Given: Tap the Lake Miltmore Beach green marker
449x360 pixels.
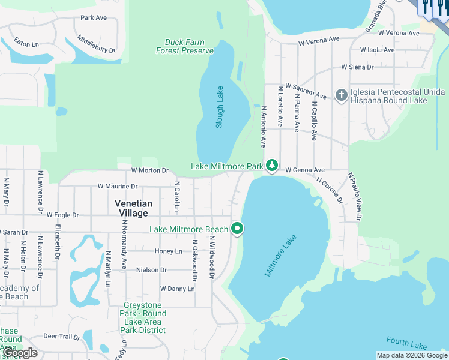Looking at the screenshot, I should pos(237,229).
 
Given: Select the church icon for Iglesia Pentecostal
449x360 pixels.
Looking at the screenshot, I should pos(342,95).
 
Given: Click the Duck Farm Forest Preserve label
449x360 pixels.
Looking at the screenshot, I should pos(185,47).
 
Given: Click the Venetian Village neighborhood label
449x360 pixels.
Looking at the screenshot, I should pos(134,208).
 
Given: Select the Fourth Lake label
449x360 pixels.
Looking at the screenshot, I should pos(406,343).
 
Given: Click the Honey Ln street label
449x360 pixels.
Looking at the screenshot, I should pos(168,251).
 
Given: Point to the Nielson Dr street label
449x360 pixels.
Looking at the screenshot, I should pos(151,270).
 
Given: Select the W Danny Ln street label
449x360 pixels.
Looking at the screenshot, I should pos(177,289).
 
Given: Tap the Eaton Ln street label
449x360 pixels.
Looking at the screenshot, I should pos(26,44).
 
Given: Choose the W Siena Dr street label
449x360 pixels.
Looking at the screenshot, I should pos(357,67).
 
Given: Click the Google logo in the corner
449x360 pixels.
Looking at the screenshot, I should pos(20,353).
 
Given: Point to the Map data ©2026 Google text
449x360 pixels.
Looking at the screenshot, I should pos(412,355).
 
